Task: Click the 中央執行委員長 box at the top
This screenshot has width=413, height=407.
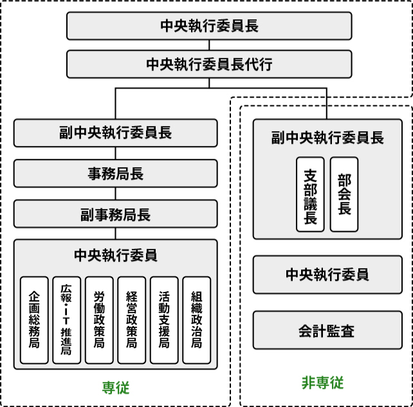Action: point(209,26)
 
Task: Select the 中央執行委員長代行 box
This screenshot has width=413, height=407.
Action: point(209,64)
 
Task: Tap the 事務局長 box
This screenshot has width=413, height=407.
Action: point(116,174)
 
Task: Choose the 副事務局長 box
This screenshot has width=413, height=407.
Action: point(116,214)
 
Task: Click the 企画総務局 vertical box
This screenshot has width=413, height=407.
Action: point(35,320)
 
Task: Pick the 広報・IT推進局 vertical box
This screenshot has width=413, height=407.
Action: point(67,320)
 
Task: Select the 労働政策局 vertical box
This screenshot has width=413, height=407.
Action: point(99,320)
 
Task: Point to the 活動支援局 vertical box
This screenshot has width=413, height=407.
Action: point(164,320)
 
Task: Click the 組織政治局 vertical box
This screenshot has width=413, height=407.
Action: point(197,320)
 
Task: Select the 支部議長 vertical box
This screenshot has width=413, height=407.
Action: point(310,194)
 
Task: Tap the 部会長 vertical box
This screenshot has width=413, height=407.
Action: point(344,194)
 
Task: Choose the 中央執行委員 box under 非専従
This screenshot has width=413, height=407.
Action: point(327,275)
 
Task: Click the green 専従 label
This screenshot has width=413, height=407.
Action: point(116,388)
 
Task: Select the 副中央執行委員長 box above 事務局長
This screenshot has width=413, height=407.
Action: point(116,133)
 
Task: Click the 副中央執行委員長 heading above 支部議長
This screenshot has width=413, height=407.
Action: point(327,137)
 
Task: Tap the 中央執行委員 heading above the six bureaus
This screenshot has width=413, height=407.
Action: point(116,255)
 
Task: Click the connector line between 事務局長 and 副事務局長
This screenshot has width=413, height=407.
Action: point(116,194)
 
